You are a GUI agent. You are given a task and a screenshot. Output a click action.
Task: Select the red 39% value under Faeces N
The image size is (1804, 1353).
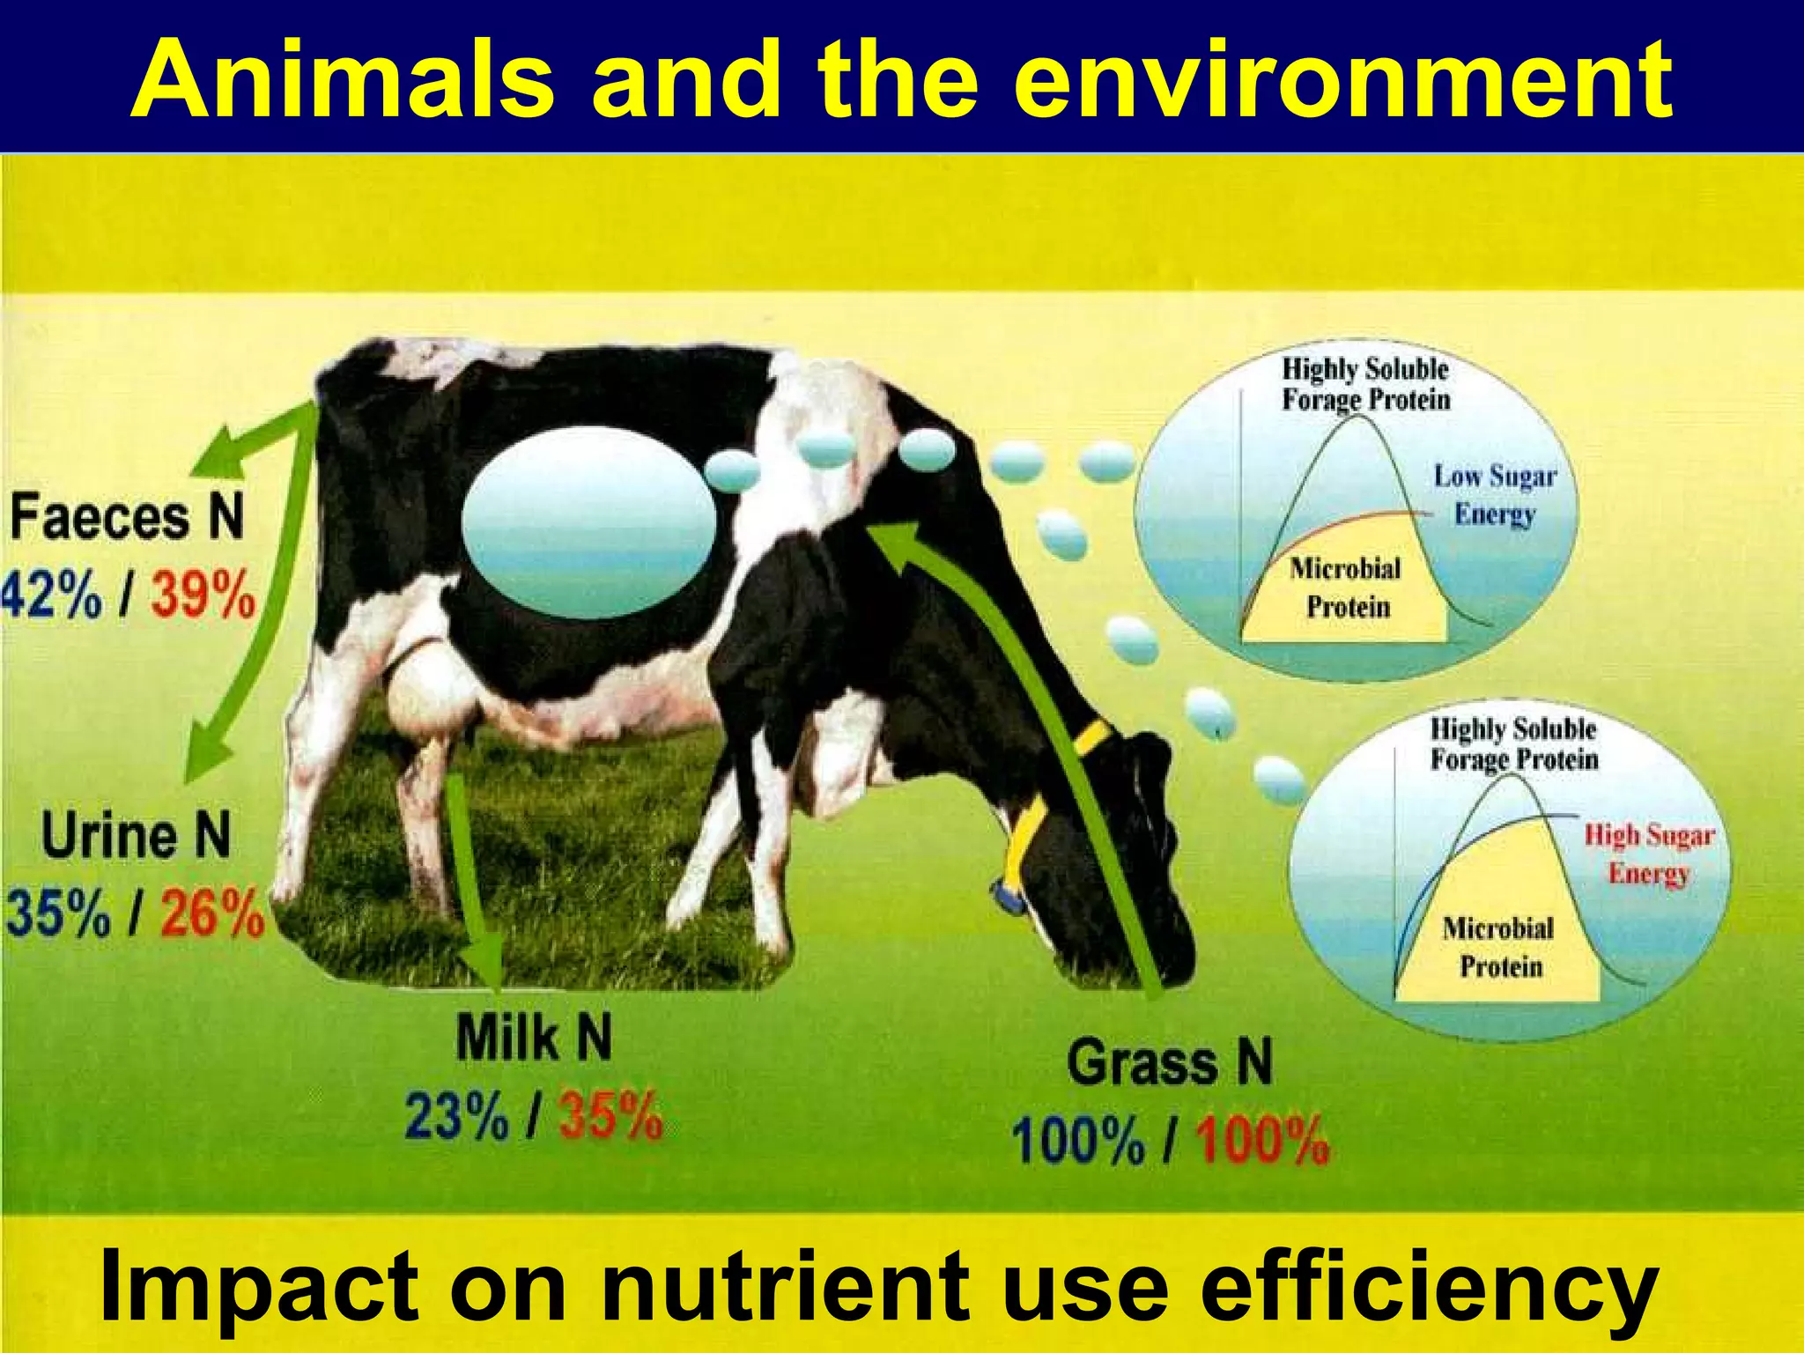click(203, 596)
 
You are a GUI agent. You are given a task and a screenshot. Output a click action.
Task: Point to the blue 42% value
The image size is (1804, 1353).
click(51, 596)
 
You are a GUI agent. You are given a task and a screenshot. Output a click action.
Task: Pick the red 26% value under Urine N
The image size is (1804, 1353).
click(211, 913)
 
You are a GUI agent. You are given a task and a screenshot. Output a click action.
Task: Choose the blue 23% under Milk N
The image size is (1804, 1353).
click(456, 1117)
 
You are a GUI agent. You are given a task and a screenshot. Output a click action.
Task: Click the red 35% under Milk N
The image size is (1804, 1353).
click(610, 1117)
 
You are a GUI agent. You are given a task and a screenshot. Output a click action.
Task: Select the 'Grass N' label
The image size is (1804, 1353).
click(1170, 1062)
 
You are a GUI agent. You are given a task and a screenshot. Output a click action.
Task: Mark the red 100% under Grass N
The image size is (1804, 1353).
click(1261, 1141)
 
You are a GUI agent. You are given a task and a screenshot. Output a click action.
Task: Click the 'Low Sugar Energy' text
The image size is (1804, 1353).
click(1495, 494)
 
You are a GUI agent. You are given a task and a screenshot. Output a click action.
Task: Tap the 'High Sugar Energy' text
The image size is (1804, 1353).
click(1648, 854)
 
